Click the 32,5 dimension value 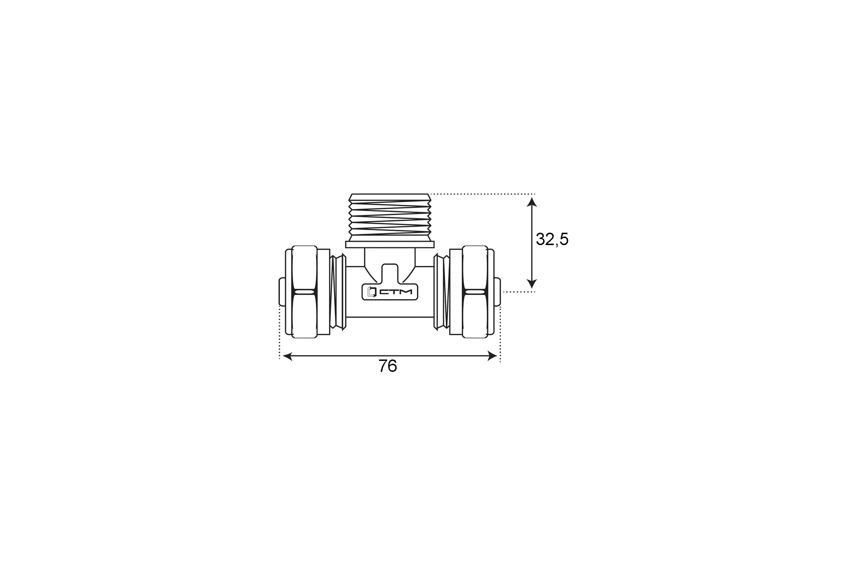point(552,239)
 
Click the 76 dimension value point(388,366)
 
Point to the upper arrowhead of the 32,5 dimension point(531,202)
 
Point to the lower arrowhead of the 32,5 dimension point(531,284)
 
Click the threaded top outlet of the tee point(390,218)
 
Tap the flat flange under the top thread point(390,245)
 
